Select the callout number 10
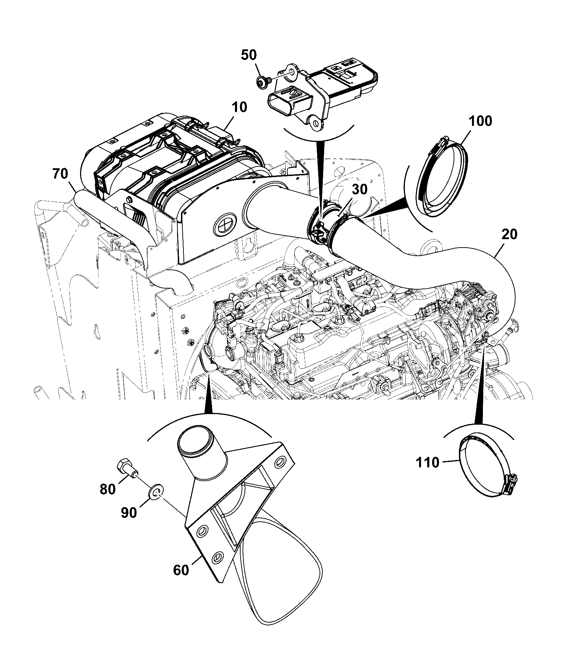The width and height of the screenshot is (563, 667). pos(240,107)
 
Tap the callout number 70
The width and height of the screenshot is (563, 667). pos(60,175)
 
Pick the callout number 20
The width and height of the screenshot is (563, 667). pos(509,234)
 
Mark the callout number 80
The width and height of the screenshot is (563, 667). pos(108,489)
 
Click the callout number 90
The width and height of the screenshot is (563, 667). pos(129,513)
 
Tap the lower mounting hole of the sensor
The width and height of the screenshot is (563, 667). pos(316,123)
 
